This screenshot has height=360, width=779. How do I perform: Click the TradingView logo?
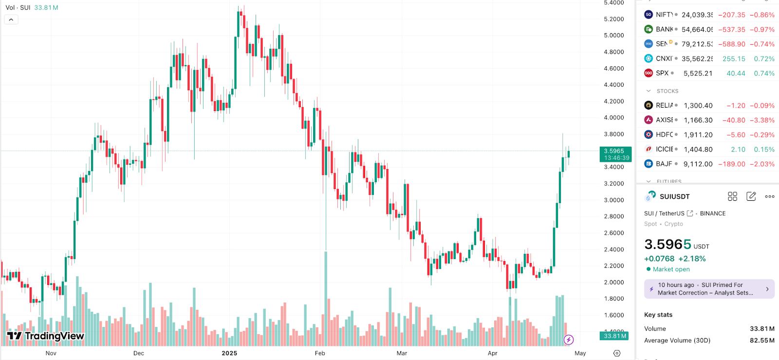46,336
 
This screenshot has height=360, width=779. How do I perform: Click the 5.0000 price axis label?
613,35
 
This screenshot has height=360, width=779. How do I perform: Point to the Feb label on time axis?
320,353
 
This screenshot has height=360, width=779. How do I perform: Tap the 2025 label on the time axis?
229,353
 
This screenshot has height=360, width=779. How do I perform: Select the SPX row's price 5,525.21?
698,74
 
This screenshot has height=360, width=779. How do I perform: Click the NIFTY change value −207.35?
731,15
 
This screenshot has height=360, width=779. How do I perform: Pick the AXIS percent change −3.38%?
762,120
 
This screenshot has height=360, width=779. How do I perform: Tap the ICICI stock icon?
649,150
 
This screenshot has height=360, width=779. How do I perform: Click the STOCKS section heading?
667,91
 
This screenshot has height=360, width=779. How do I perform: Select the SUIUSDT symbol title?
674,197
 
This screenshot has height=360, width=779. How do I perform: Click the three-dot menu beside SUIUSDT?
769,197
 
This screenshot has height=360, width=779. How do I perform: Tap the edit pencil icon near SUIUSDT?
751,196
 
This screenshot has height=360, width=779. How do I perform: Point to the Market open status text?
671,269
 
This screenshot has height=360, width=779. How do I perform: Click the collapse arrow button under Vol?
11,20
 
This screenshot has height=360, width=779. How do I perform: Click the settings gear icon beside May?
617,353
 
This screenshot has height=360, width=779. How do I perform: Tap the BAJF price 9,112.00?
698,164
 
